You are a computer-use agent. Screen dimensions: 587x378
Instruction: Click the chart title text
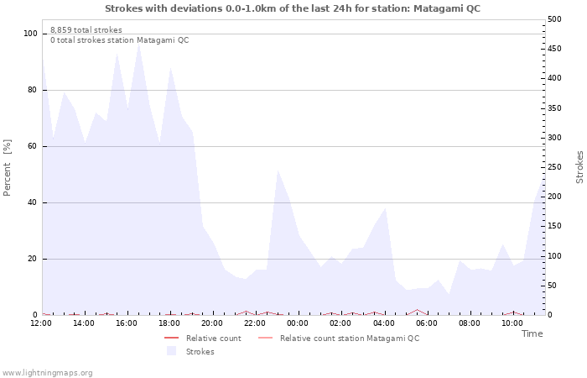[293, 8]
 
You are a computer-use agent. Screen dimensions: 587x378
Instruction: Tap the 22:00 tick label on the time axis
[255, 323]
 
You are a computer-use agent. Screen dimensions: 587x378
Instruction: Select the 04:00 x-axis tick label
[384, 323]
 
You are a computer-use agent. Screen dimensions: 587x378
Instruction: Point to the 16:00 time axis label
[126, 323]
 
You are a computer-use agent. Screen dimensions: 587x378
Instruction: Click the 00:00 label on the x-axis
[298, 323]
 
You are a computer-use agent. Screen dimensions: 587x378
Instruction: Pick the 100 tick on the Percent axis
[30, 34]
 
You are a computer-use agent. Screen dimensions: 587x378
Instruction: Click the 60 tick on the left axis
[32, 146]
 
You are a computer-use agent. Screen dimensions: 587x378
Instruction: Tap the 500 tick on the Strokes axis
[555, 19]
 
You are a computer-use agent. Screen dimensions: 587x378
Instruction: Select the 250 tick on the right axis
[555, 167]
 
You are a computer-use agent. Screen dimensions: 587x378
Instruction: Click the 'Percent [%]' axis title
[7, 168]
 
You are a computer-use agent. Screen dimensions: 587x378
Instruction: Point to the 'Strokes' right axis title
[579, 167]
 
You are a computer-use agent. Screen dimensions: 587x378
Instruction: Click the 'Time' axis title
[532, 333]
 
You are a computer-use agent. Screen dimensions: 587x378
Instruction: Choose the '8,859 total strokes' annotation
[86, 30]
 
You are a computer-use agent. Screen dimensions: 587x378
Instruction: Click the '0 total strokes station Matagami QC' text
[120, 40]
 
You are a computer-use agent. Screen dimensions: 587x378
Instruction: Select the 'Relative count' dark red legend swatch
[171, 339]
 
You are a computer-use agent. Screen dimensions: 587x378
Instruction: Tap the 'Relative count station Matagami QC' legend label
[350, 339]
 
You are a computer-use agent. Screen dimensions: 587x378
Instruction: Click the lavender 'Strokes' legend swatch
[171, 351]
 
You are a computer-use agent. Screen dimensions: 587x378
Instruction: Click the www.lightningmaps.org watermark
[47, 373]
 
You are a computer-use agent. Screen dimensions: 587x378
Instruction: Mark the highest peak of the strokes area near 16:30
[139, 41]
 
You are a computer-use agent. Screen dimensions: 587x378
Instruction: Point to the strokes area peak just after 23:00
[278, 171]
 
